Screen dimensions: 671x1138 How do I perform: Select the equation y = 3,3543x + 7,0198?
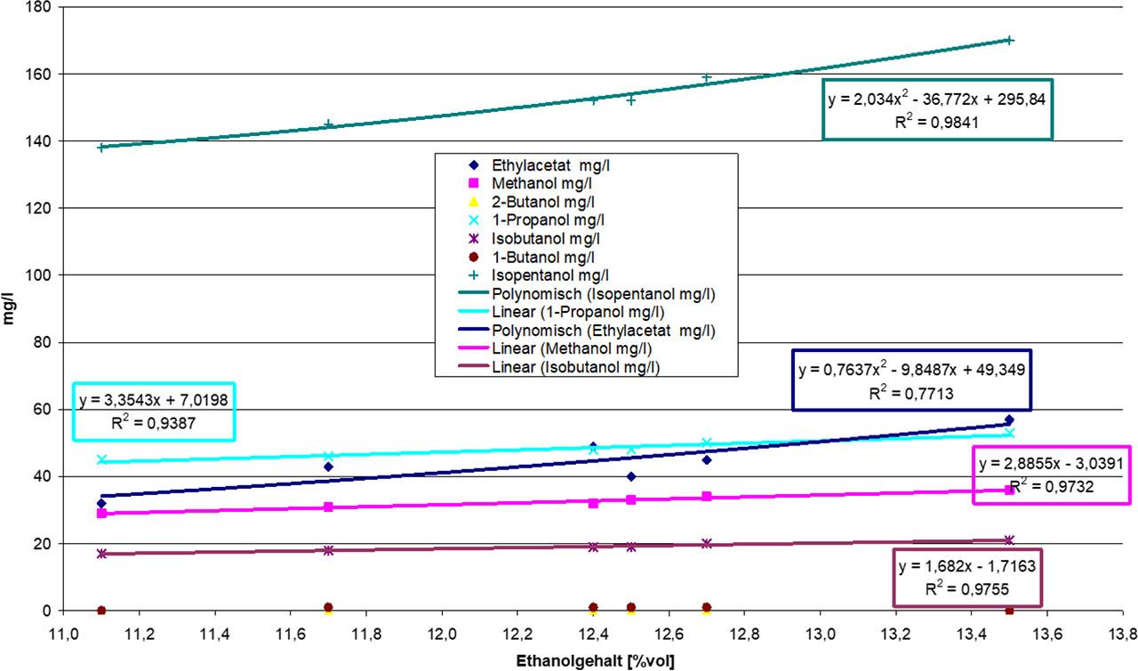[153, 401]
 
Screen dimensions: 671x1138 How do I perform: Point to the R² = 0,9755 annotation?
[966, 587]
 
